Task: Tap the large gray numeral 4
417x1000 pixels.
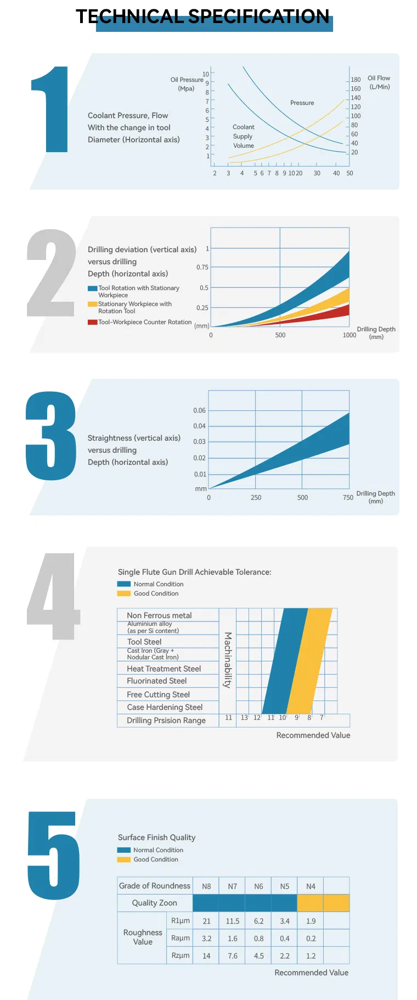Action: click(x=53, y=596)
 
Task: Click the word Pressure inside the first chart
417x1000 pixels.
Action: click(x=302, y=103)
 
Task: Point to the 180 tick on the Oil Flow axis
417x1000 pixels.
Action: click(x=356, y=80)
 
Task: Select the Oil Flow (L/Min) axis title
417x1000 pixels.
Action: click(x=379, y=82)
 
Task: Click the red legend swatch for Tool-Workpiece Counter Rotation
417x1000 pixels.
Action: click(x=92, y=322)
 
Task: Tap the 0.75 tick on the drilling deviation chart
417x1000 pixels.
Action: click(x=202, y=267)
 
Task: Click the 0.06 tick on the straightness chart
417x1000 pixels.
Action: click(x=199, y=410)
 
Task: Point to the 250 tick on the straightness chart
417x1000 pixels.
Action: click(x=256, y=497)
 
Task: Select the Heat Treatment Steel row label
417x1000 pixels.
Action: click(x=164, y=669)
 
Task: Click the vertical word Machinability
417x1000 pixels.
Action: click(x=228, y=660)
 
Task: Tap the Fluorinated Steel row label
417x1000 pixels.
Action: click(x=156, y=681)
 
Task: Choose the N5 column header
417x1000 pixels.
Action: click(x=284, y=886)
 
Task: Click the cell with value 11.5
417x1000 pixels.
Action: click(x=232, y=921)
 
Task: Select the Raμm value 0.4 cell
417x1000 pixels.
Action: click(x=284, y=938)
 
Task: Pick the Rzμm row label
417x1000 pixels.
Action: click(x=181, y=955)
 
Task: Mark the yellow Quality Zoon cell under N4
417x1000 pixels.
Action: click(x=311, y=903)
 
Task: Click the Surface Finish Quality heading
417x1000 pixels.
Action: click(x=156, y=837)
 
